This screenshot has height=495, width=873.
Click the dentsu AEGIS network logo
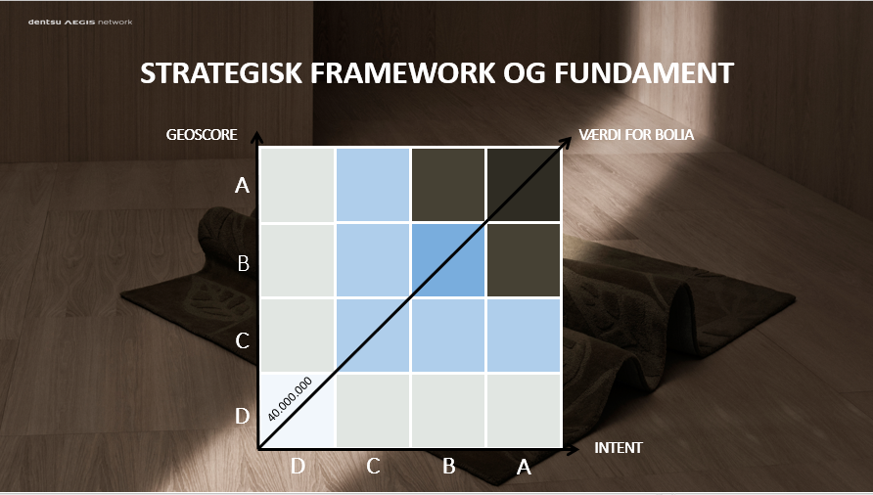[x=80, y=22]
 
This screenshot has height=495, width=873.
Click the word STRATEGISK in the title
[x=221, y=73]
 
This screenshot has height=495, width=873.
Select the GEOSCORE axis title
[x=202, y=135]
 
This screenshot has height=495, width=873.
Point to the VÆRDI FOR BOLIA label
[x=636, y=135]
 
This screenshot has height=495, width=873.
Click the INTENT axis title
[x=618, y=448]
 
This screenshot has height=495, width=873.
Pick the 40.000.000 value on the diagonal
[x=290, y=399]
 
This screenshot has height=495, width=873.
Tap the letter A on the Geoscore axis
[x=242, y=185]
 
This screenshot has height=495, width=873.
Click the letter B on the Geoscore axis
[x=244, y=263]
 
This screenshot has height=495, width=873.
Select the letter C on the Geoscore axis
[x=242, y=340]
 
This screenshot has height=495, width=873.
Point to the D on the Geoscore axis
[x=242, y=416]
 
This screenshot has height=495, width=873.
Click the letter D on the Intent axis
[x=298, y=466]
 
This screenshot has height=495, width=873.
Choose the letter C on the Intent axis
[x=373, y=466]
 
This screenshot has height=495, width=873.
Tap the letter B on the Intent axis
[x=449, y=466]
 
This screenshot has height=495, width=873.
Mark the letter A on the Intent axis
[x=524, y=468]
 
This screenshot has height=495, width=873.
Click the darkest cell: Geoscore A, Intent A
[x=524, y=185]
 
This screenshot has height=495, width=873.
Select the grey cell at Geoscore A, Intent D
[x=298, y=185]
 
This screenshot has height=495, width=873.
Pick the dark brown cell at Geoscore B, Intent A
[x=524, y=260]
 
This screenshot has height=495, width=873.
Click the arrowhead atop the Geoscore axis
[x=256, y=137]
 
